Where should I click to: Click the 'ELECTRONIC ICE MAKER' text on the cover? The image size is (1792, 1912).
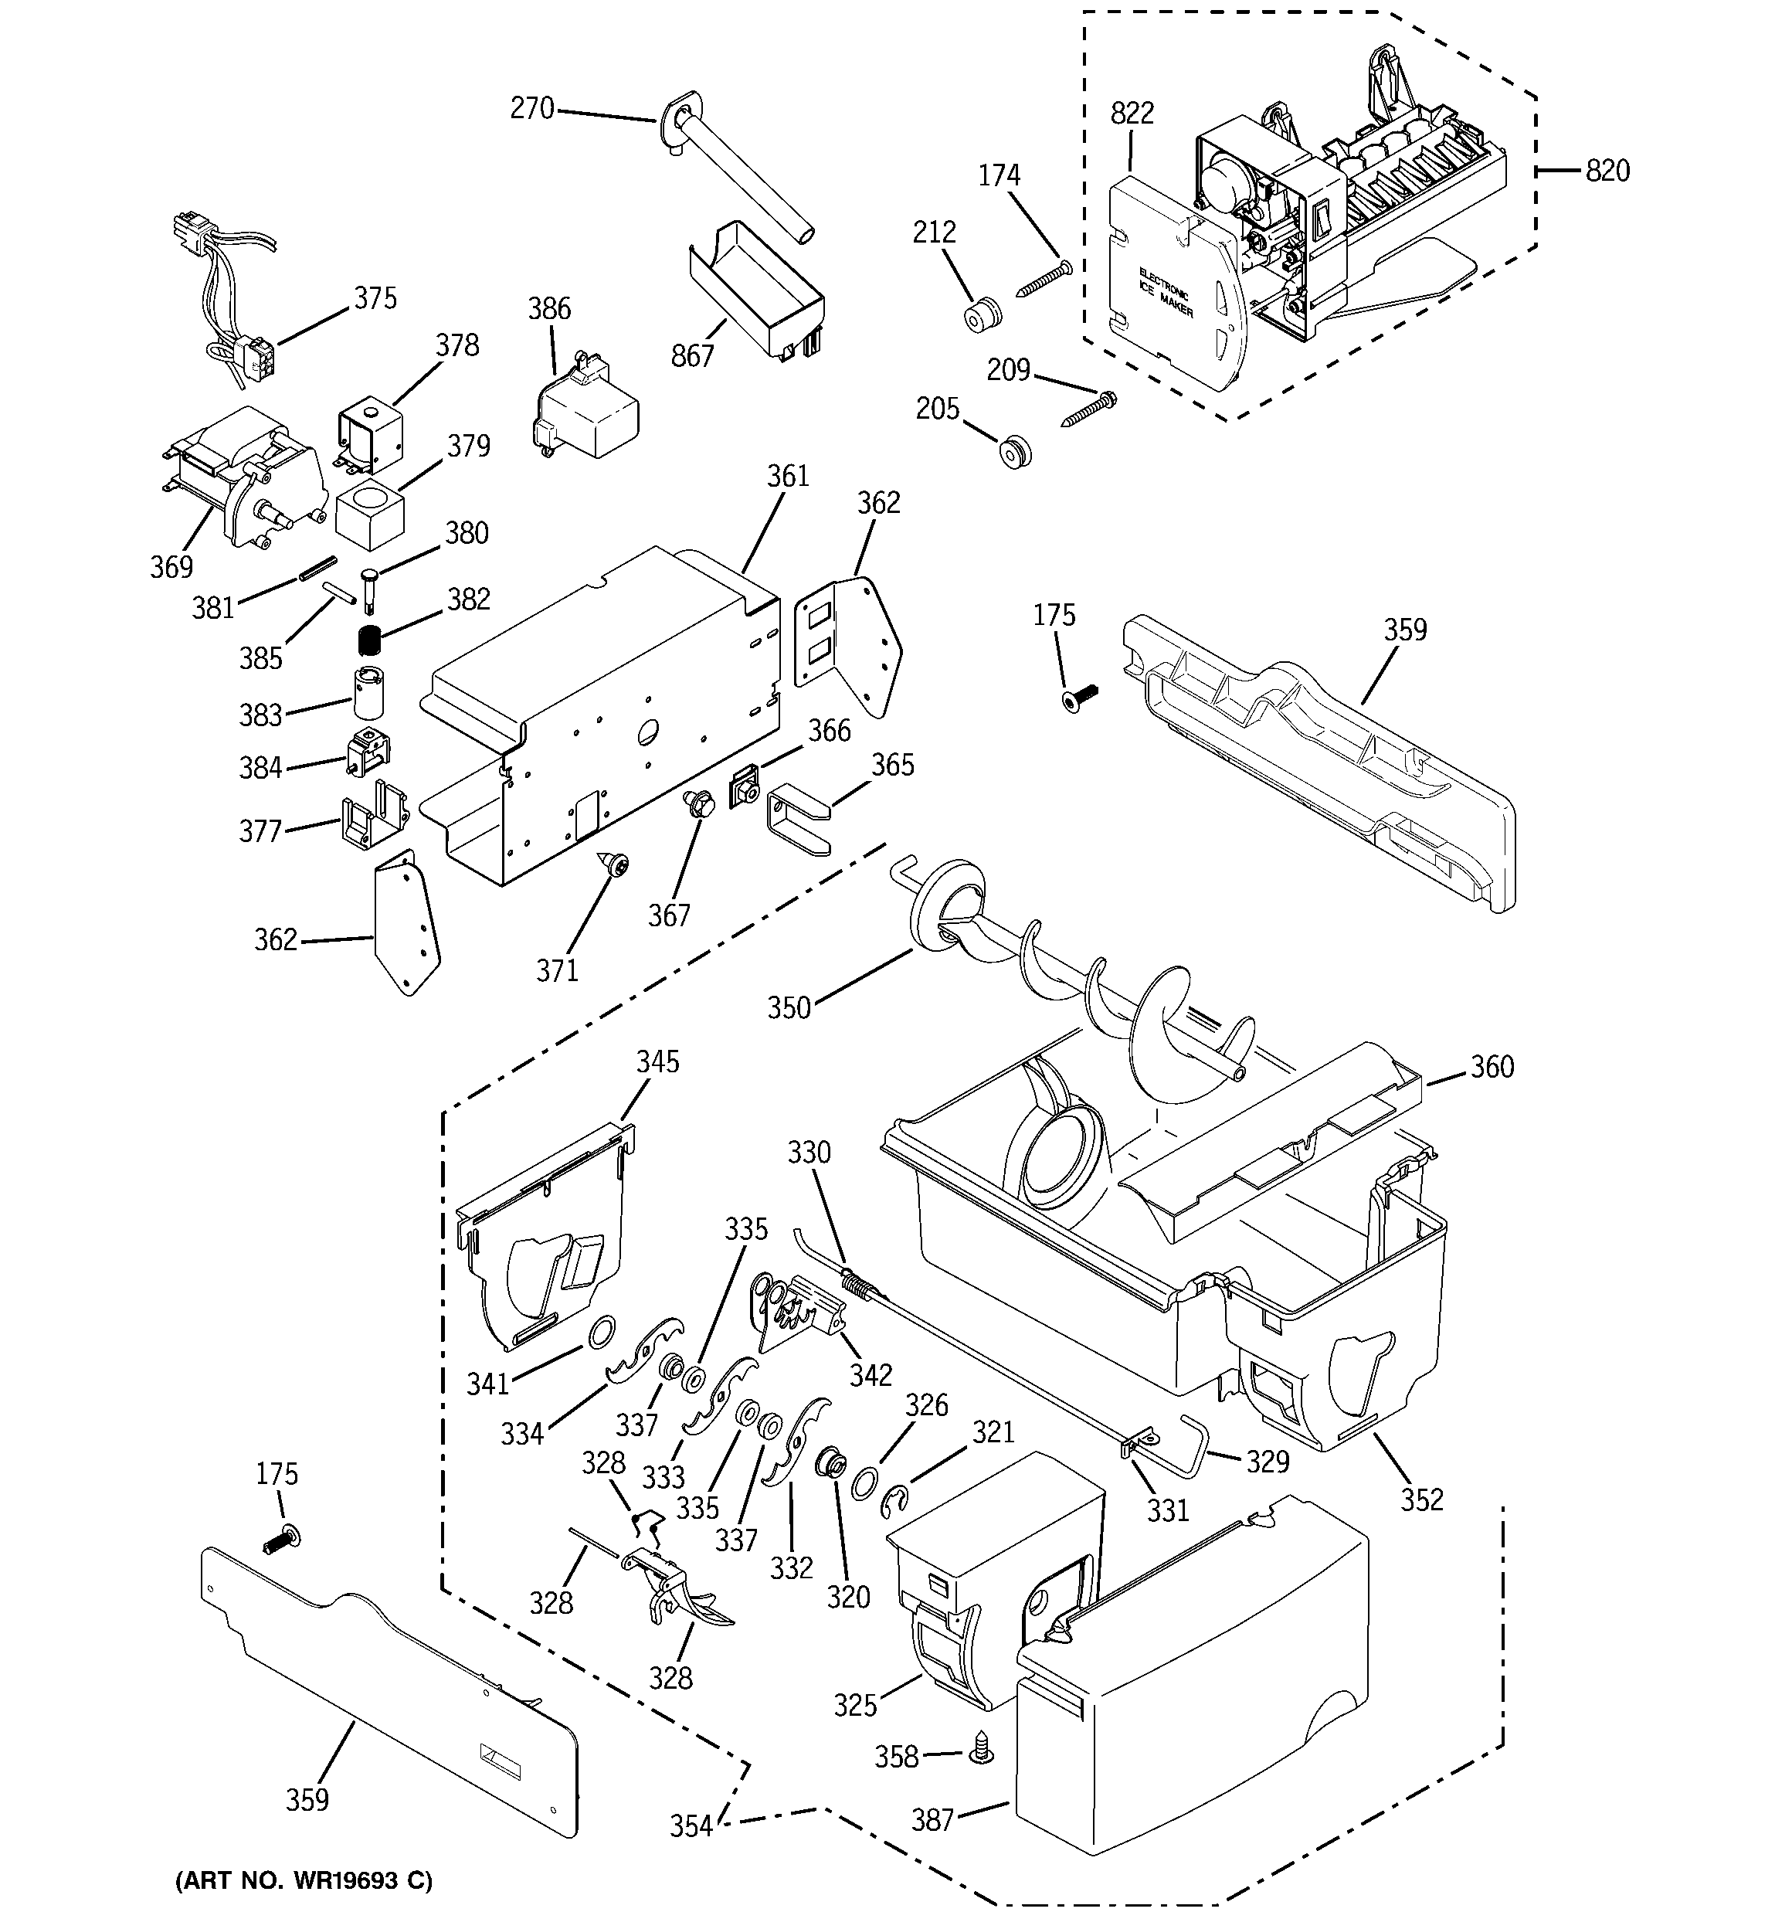1165,292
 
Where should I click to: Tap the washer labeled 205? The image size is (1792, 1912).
1014,451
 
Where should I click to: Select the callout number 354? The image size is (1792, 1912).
691,1825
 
